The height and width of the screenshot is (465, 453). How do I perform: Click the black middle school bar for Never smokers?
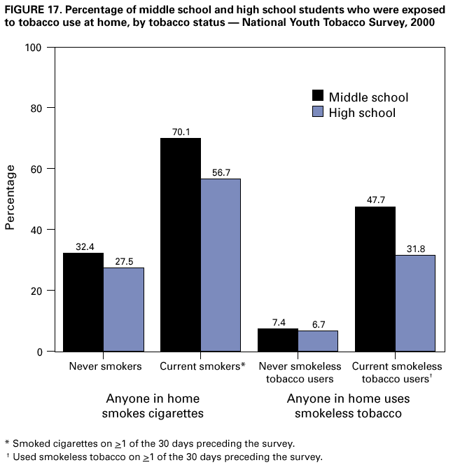[x=84, y=302]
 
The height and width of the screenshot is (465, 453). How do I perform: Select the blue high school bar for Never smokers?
[x=124, y=309]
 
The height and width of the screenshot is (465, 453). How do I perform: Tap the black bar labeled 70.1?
[x=181, y=244]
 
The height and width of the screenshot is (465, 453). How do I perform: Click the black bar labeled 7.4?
[x=278, y=340]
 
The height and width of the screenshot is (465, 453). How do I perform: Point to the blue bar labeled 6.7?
[x=318, y=340]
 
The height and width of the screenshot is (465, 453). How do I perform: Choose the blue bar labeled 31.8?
[x=415, y=303]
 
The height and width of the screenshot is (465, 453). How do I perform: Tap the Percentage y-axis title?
[x=11, y=197]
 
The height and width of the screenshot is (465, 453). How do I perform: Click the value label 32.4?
[x=84, y=247]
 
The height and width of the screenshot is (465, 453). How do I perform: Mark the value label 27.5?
[x=124, y=261]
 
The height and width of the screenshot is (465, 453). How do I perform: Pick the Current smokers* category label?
[x=202, y=366]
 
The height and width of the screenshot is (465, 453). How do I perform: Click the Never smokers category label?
[x=105, y=366]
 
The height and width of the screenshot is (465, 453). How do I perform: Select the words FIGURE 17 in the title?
[x=32, y=8]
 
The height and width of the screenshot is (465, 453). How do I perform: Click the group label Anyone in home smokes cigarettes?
[x=154, y=406]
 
